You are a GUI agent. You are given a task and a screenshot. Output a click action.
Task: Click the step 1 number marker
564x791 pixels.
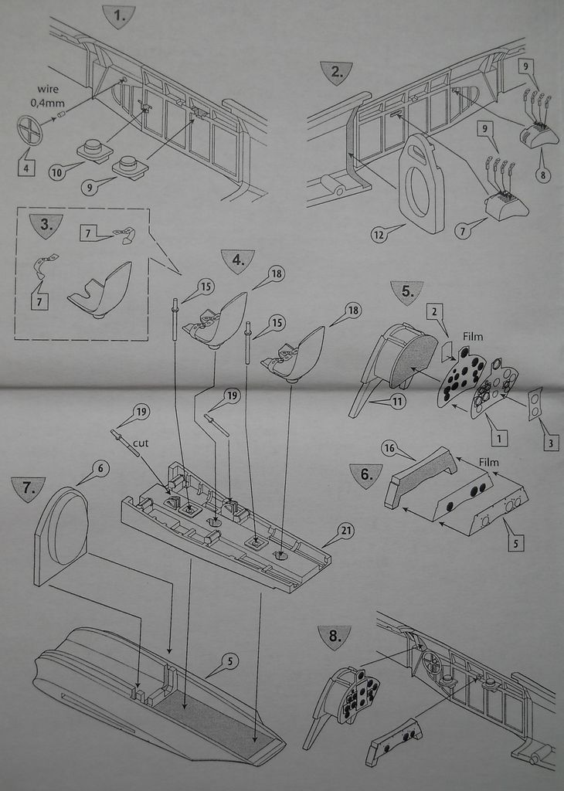[x=118, y=16]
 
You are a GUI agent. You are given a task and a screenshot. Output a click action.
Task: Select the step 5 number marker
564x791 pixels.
[x=408, y=292]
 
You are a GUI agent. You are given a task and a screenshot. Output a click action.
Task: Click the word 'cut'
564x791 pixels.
[x=141, y=443]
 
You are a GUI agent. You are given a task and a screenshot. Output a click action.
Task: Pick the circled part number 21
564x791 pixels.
[x=345, y=531]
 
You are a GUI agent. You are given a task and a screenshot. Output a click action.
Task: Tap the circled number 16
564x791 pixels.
[x=389, y=447]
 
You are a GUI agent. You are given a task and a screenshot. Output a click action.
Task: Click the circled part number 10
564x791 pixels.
[x=56, y=173]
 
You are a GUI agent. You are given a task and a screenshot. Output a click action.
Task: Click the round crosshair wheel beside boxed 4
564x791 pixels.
[x=30, y=129]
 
